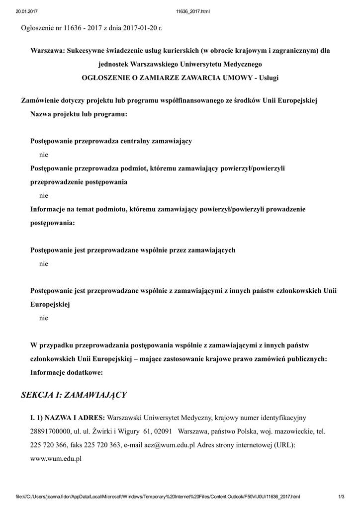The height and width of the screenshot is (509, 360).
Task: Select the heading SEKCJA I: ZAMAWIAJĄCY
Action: pyautogui.click(x=74, y=395)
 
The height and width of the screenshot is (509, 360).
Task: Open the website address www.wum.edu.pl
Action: pyautogui.click(x=56, y=459)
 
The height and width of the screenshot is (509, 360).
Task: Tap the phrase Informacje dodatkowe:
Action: pyautogui.click(x=67, y=372)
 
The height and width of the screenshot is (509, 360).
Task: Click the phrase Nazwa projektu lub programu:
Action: pyautogui.click(x=79, y=115)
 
